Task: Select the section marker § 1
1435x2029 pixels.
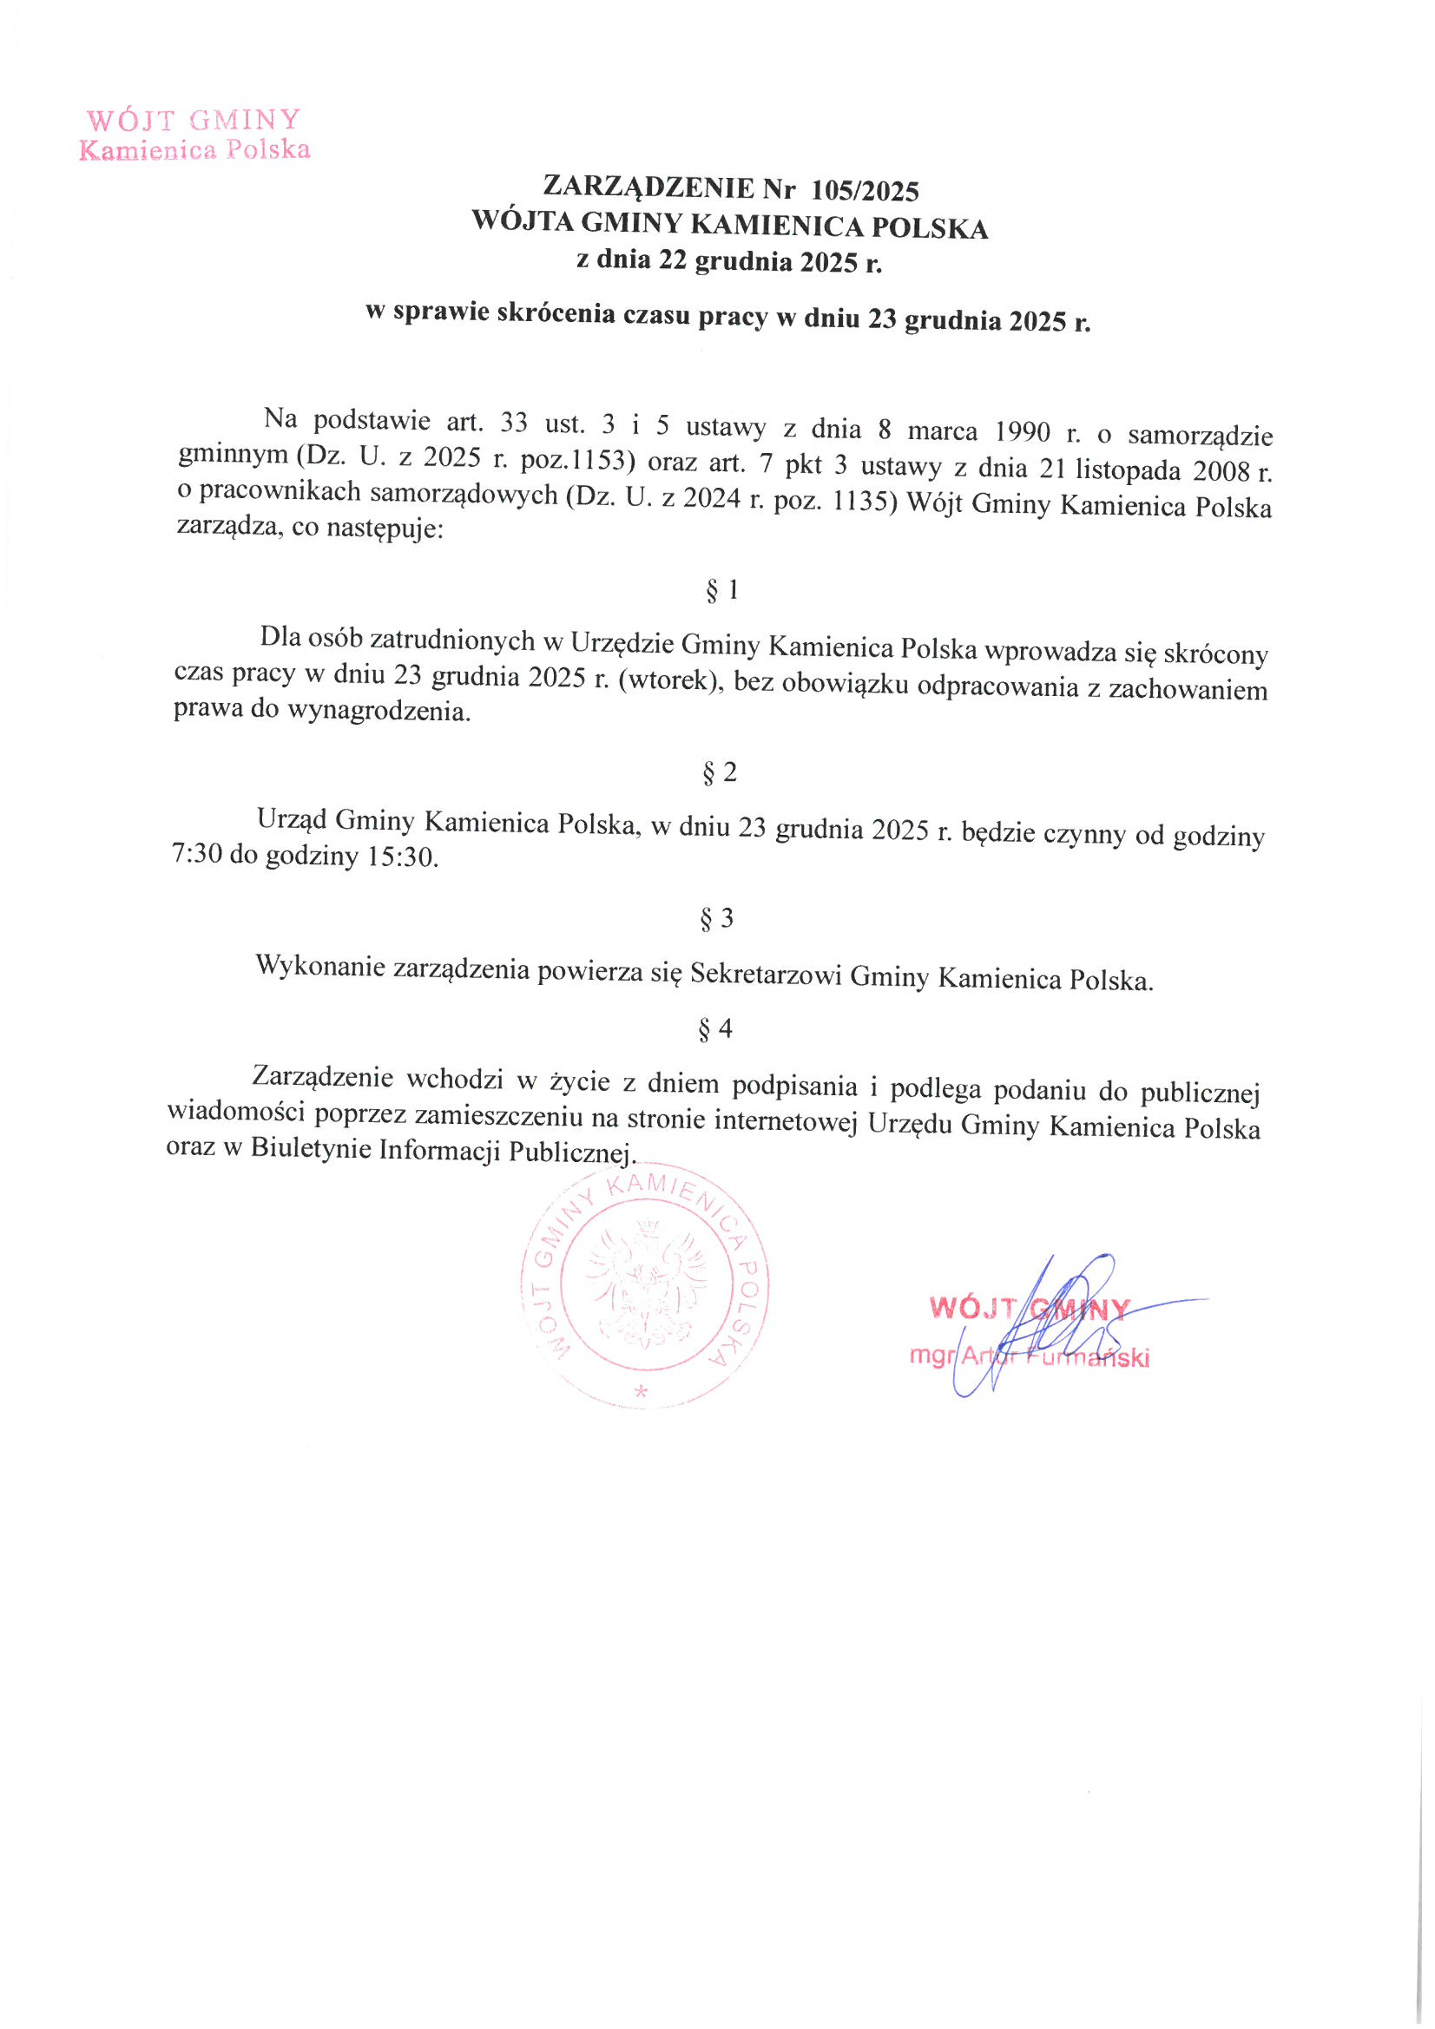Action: click(x=721, y=589)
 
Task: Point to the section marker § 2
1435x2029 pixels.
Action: click(x=719, y=772)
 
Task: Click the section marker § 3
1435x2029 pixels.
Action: click(x=716, y=919)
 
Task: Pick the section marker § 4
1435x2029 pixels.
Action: click(x=715, y=1028)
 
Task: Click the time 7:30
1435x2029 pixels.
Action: click(x=196, y=854)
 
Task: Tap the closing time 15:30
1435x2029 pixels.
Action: click(x=401, y=857)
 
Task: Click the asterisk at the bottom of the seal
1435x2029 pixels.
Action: click(x=641, y=1393)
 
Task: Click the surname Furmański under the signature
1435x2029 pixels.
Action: click(x=1088, y=1357)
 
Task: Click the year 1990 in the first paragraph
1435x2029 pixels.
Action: click(x=1023, y=431)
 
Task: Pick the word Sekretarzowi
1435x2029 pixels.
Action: click(x=766, y=974)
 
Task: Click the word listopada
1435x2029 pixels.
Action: click(x=1127, y=469)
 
